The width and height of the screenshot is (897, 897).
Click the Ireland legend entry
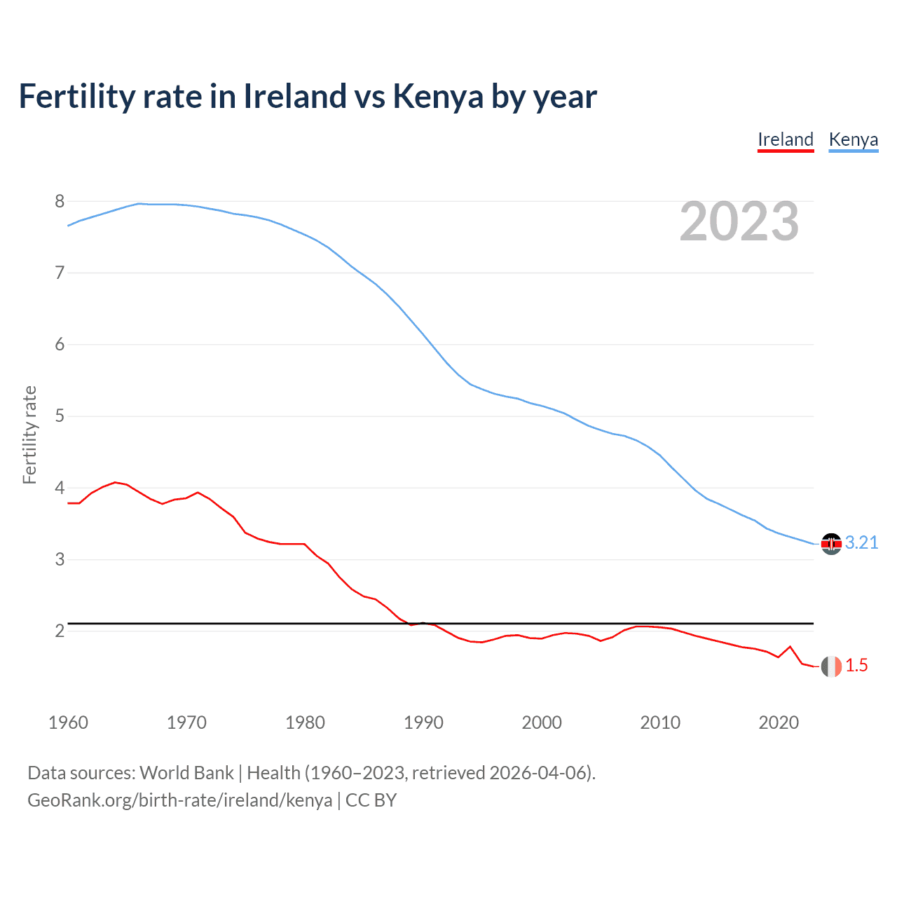[786, 139]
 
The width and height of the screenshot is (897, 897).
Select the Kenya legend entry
[853, 139]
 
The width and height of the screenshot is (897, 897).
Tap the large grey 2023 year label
[739, 221]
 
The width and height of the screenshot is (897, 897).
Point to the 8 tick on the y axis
[60, 202]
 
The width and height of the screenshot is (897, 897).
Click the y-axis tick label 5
[60, 416]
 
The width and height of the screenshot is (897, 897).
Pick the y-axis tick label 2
[60, 631]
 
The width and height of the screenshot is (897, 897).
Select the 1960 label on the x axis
[68, 723]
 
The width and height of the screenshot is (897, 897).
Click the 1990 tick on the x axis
[423, 723]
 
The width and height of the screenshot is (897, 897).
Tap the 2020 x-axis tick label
[779, 723]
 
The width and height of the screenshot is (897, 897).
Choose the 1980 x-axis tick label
[305, 723]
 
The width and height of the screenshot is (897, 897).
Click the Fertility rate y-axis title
[29, 434]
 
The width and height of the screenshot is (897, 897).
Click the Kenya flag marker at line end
[831, 544]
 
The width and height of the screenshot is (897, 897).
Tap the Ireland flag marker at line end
[831, 666]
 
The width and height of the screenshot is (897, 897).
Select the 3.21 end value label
[861, 543]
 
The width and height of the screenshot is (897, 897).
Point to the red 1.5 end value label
[856, 666]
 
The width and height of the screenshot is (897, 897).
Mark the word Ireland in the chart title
[295, 96]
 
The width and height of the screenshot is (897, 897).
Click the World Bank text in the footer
[186, 773]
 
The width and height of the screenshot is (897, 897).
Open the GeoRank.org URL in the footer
[179, 800]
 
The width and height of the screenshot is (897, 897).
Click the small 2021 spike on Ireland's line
[790, 647]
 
